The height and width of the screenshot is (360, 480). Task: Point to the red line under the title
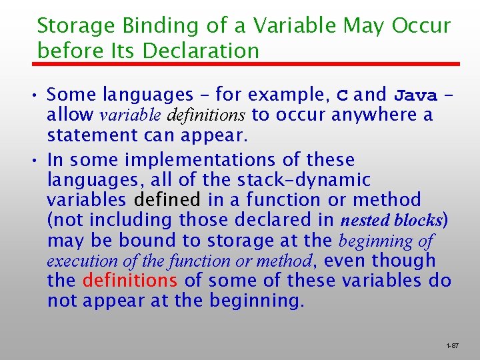tap(247, 65)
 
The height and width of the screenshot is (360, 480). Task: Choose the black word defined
tap(167, 200)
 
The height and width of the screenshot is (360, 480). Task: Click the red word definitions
tap(130, 281)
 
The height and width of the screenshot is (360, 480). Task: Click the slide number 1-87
tap(452, 346)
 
